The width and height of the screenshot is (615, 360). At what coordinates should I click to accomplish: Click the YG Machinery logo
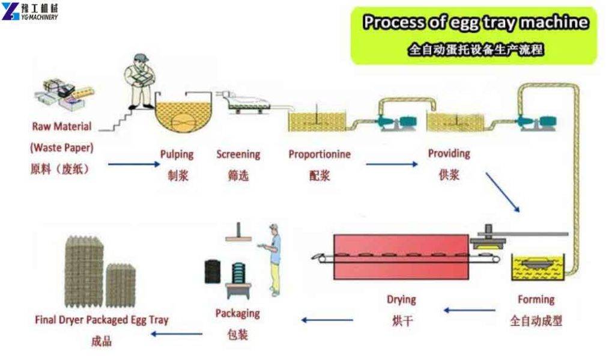point(30,11)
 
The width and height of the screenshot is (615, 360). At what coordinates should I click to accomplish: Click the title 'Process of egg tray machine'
point(475,23)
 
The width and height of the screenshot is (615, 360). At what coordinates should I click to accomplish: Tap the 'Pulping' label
point(177,154)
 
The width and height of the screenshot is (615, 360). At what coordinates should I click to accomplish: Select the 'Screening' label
point(238,154)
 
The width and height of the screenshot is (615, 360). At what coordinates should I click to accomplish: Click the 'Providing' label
point(449,153)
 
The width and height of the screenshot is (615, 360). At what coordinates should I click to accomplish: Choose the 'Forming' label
point(536,299)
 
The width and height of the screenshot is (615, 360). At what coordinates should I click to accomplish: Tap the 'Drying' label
point(401,299)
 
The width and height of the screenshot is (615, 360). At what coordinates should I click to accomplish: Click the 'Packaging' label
point(237,313)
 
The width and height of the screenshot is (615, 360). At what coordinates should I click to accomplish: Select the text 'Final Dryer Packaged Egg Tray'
point(101,320)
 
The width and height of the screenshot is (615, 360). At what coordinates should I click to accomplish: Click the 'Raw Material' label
point(62,127)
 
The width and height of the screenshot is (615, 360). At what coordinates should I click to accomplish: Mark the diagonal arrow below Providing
point(502,192)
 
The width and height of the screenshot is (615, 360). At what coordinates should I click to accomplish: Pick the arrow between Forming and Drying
point(469,311)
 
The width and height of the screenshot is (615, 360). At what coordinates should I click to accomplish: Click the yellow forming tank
point(539,268)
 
